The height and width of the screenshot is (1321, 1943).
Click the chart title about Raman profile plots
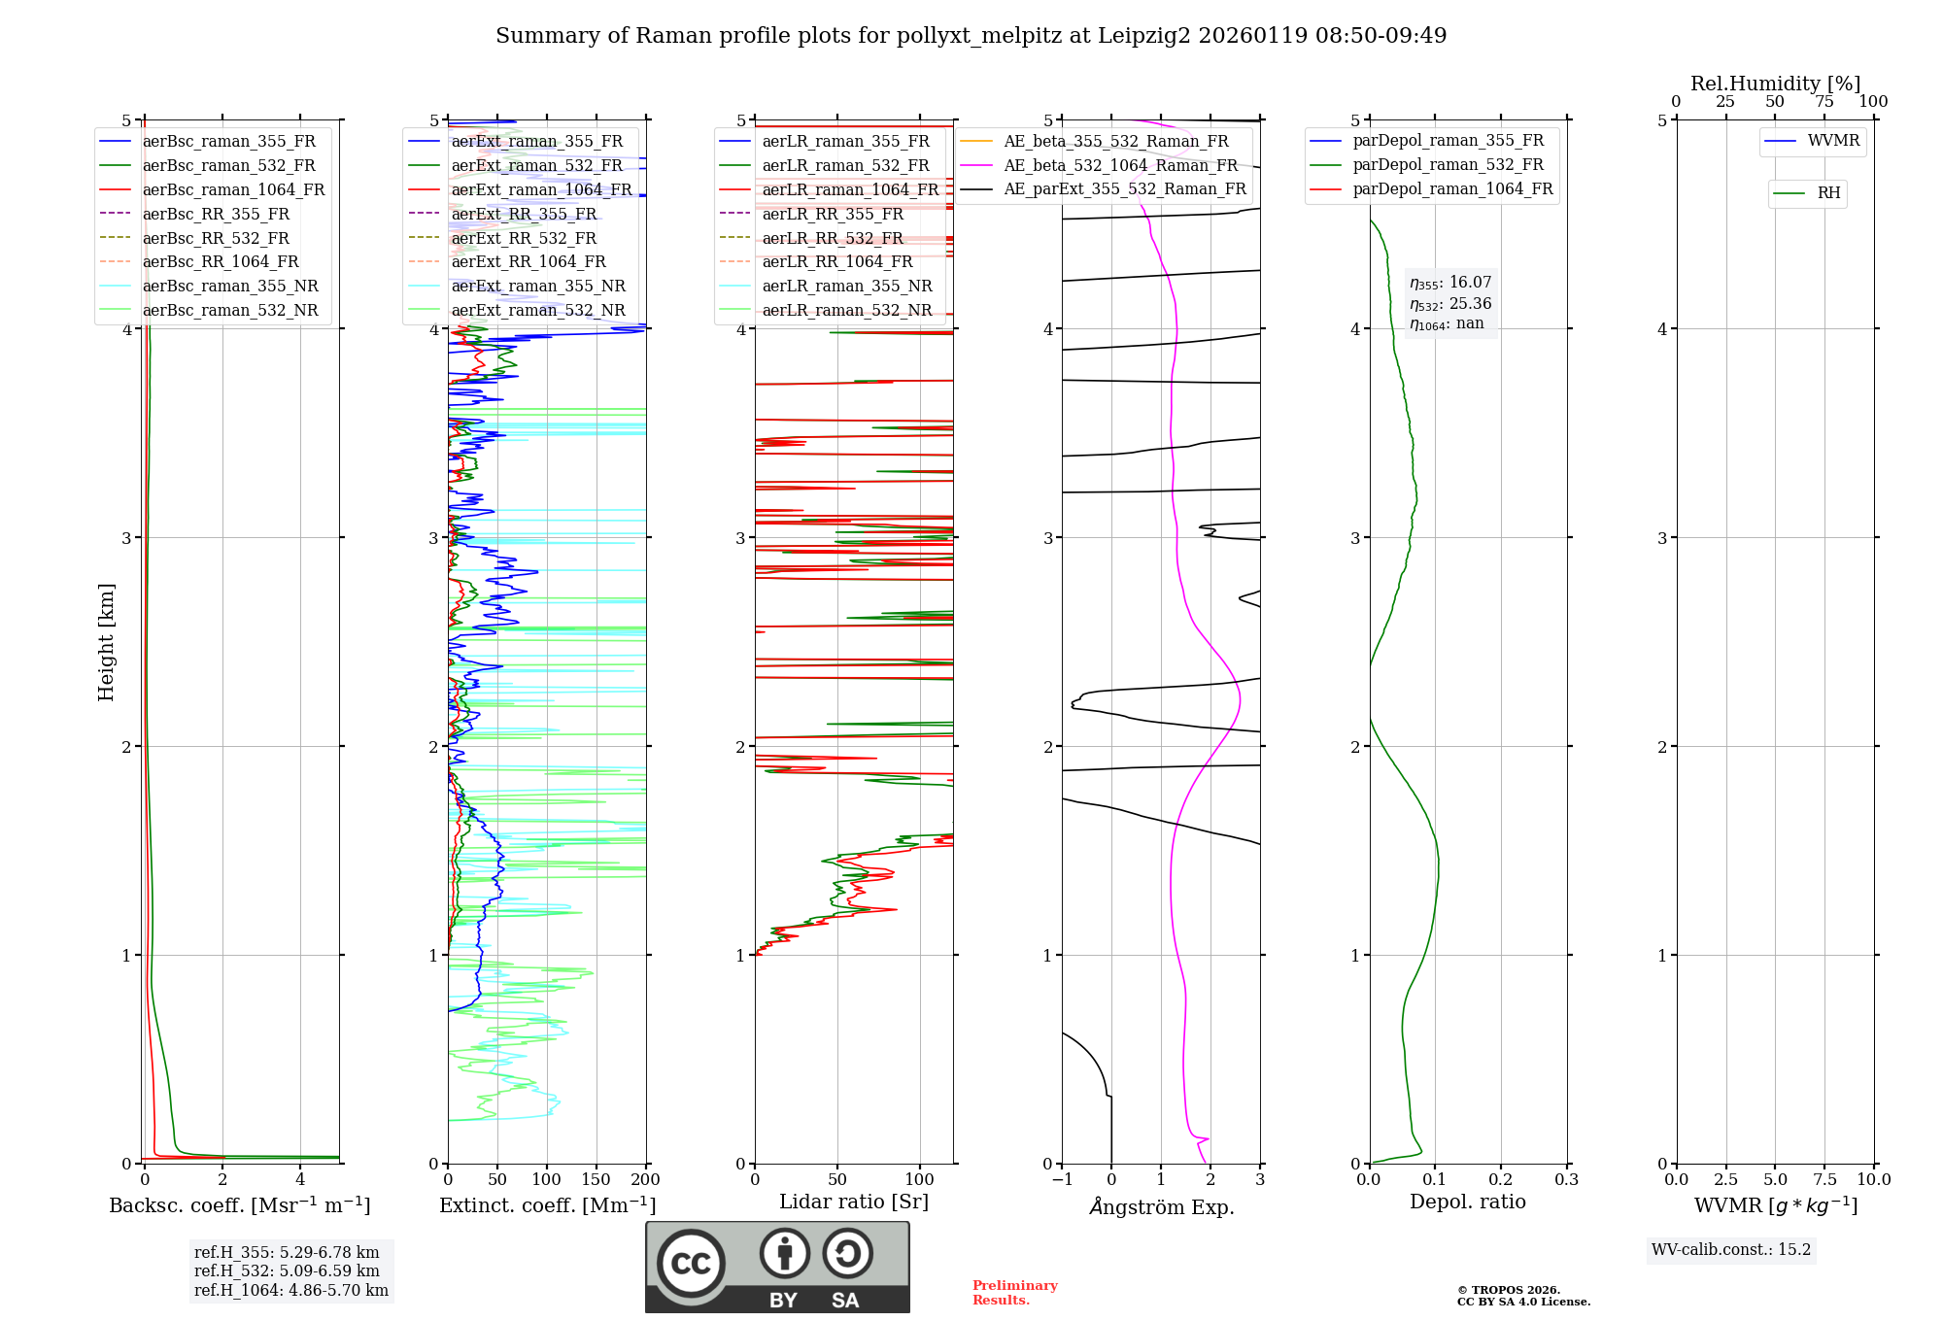[x=971, y=36]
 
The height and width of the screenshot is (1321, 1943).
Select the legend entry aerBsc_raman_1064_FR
[x=233, y=190]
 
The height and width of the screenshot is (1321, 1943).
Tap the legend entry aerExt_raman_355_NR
[x=538, y=287]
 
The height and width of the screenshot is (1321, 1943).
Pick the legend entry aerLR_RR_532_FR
[x=833, y=238]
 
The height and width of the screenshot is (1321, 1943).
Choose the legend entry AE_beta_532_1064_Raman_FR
[x=1120, y=165]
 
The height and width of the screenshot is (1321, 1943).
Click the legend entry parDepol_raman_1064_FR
[x=1452, y=188]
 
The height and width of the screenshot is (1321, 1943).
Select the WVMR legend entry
[x=1833, y=141]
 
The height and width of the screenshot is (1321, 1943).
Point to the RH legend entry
[x=1828, y=193]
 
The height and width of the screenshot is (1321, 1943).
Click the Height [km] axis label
[x=106, y=641]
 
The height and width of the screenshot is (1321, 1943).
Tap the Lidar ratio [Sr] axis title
[x=854, y=1202]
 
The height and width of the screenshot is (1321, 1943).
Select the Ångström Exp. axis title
[x=1161, y=1206]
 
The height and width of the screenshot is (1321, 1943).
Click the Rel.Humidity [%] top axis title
[x=1775, y=84]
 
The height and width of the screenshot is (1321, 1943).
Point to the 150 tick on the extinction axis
[x=596, y=1179]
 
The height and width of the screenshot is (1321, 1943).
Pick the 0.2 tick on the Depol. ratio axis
[x=1501, y=1179]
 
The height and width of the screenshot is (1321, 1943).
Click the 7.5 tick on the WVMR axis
[x=1824, y=1179]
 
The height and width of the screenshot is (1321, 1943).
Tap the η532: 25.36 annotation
[x=1450, y=304]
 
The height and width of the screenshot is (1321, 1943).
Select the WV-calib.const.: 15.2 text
[x=1731, y=1249]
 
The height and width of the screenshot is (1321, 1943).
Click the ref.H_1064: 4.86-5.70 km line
[x=291, y=1290]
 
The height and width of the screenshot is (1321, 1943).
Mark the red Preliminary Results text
[x=1014, y=1292]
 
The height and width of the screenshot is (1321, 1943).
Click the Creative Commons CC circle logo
[x=691, y=1263]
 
